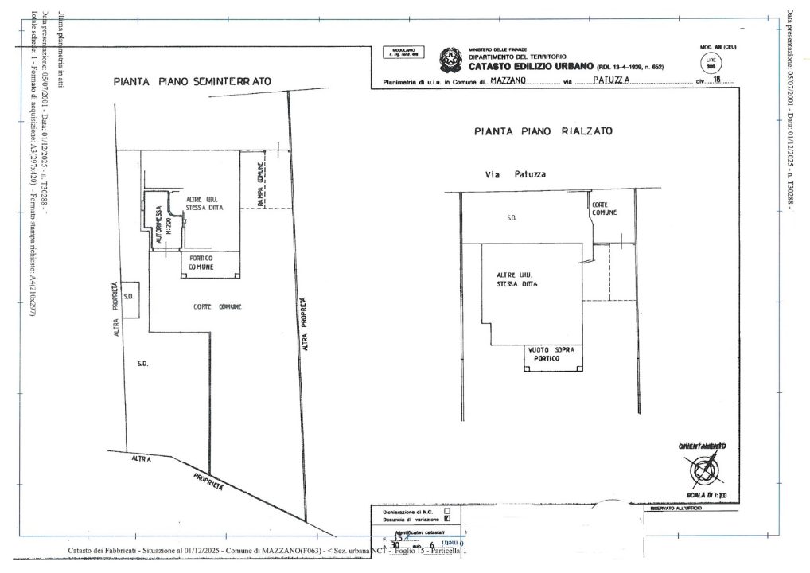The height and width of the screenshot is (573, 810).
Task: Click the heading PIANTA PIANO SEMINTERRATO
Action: pos(192,81)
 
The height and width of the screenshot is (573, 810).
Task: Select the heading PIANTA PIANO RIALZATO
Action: pos(543,132)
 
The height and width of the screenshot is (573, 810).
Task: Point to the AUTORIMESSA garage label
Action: pos(159,223)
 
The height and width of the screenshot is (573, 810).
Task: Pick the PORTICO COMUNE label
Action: pos(201,263)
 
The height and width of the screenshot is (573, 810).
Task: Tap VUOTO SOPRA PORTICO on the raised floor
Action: pos(552,355)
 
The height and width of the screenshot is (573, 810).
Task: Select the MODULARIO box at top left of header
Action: pos(403,53)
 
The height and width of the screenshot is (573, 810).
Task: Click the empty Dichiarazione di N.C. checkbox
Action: pos(447,511)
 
